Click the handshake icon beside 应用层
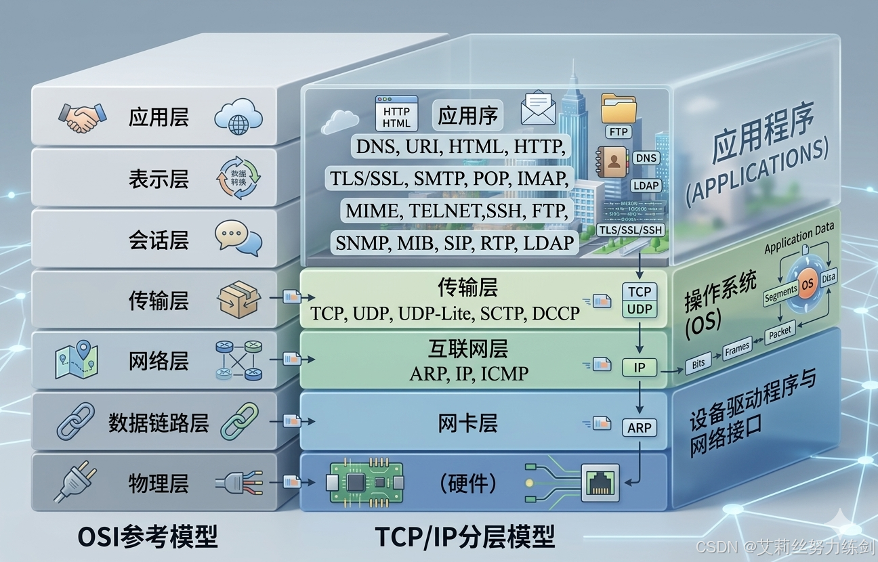pyautogui.click(x=82, y=117)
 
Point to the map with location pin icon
pyautogui.click(x=77, y=360)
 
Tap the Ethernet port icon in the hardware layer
pyautogui.click(x=600, y=482)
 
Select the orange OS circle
pyautogui.click(x=807, y=284)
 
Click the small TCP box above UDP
pyautogui.click(x=639, y=292)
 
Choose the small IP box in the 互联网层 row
pyautogui.click(x=639, y=368)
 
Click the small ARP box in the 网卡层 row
pyautogui.click(x=639, y=427)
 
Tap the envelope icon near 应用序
pyautogui.click(x=538, y=108)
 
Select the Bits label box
pyautogui.click(x=698, y=363)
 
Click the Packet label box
pyautogui.click(x=780, y=332)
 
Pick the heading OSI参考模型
pyautogui.click(x=148, y=537)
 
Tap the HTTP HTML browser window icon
pyautogui.click(x=396, y=114)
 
